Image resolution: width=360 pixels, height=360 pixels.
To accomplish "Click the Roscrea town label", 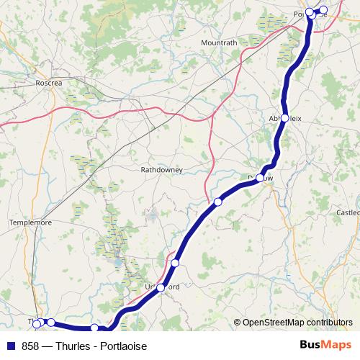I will (50, 83).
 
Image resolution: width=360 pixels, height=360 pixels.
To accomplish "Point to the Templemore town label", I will (31, 223).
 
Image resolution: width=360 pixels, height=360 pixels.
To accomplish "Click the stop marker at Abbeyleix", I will (285, 117).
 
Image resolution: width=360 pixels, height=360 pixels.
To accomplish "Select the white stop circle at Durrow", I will (260, 177).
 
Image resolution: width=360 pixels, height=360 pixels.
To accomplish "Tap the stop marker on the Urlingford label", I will (161, 287).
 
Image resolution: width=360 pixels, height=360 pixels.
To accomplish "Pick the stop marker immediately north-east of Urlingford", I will (175, 264).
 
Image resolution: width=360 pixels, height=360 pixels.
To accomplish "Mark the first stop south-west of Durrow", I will (217, 202).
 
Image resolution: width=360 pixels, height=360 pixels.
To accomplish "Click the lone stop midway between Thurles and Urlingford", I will (94, 328).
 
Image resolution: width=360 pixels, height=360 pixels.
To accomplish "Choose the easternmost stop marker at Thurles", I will (51, 323).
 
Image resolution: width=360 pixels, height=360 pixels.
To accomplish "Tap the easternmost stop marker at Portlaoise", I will (323, 10).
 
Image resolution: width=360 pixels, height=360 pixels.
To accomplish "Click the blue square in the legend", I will (9, 346).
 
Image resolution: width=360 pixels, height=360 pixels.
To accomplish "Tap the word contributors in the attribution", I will (329, 323).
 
